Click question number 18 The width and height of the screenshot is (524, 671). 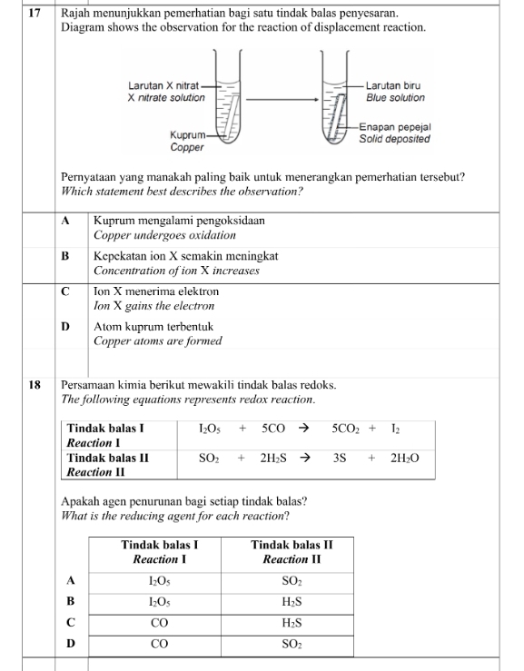[x=34, y=385]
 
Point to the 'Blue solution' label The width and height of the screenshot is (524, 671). [x=395, y=97]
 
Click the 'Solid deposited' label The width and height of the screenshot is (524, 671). [x=394, y=140]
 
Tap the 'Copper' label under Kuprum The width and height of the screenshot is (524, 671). [x=187, y=147]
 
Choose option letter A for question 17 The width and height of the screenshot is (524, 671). [x=66, y=221]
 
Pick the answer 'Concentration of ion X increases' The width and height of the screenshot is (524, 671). [x=176, y=271]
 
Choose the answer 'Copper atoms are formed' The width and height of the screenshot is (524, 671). [x=157, y=340]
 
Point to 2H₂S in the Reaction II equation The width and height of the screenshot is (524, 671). [x=273, y=459]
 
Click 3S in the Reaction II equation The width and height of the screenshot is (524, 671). [x=341, y=459]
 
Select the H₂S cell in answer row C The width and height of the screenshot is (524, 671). [x=291, y=623]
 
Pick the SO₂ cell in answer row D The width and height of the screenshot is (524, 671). [x=291, y=645]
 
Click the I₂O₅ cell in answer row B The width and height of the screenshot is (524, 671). [x=159, y=601]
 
